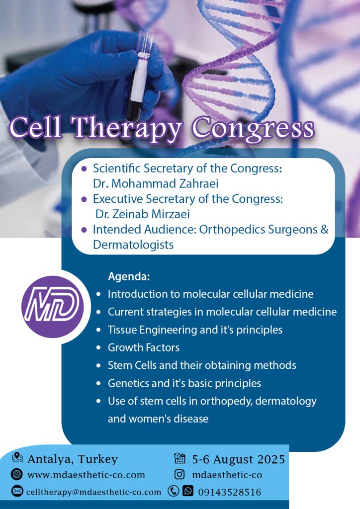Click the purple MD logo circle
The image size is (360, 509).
point(53,307)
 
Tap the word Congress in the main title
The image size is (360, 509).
point(254,128)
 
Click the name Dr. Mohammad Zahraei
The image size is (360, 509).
point(156,183)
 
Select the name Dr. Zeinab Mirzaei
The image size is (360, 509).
point(143,214)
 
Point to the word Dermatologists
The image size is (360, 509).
point(133,245)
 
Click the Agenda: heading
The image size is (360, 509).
point(129,276)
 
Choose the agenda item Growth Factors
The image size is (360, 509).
point(144,347)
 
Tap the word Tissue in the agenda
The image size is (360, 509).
point(122,330)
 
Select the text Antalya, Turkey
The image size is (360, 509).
point(73,459)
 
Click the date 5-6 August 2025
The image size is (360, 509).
point(239,459)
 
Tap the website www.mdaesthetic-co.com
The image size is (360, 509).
point(87,475)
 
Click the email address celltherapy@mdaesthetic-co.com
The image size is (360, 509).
point(94,492)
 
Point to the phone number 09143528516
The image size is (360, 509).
point(230,492)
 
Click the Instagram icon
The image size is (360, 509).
point(180,475)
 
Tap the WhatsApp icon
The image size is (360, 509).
point(188,491)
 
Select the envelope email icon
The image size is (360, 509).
point(17,491)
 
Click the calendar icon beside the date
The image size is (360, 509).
point(180,458)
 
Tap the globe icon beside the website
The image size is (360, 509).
point(16,474)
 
